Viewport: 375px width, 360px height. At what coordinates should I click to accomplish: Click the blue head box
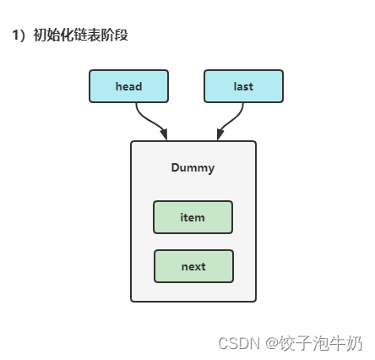[128, 86]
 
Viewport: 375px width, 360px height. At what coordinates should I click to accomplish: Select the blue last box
[243, 86]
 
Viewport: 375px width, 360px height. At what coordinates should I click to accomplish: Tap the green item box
[193, 217]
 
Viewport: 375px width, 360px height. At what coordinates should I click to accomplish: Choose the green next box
[193, 266]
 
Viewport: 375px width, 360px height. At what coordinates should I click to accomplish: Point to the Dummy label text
[193, 167]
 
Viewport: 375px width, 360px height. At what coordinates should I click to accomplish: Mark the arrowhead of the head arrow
[163, 134]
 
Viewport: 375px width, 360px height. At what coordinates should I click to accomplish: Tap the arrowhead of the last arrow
[220, 134]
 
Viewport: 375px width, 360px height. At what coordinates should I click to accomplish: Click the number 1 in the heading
[15, 35]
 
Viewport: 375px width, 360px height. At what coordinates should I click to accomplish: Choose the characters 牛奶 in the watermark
[346, 343]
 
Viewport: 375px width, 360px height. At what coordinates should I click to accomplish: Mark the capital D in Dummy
[175, 167]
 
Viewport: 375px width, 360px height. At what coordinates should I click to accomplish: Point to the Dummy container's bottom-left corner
[133, 300]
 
